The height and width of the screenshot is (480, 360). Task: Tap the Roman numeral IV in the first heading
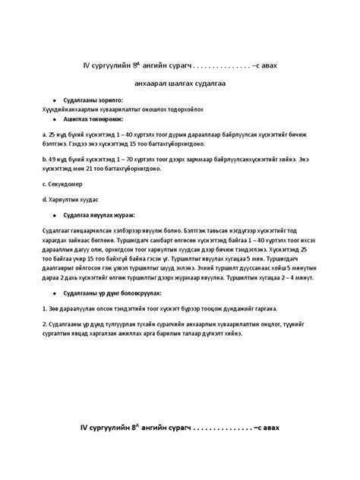click(87, 66)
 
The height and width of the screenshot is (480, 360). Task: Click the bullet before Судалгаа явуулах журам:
click(53, 215)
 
